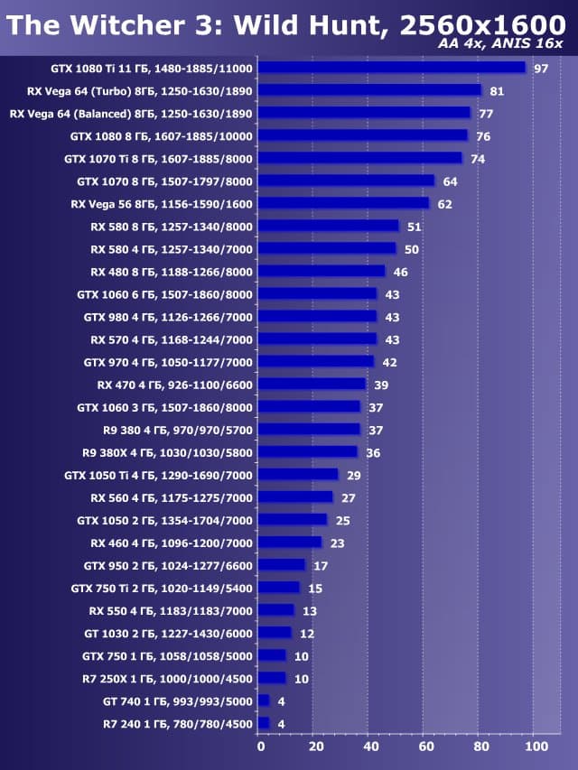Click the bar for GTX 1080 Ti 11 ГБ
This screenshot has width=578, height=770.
[392, 68]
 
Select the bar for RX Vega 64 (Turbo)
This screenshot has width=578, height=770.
[370, 90]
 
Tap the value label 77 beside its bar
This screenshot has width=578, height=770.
[486, 114]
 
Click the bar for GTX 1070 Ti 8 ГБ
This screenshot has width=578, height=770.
[360, 159]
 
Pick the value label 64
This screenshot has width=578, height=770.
[450, 181]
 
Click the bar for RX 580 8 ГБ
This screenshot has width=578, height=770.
[329, 227]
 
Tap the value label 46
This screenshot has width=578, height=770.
[400, 272]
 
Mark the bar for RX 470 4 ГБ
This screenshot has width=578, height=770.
[312, 385]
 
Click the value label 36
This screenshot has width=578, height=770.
[373, 452]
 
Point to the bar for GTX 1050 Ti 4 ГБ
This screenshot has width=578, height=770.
[299, 475]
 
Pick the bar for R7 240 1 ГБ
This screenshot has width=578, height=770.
[265, 723]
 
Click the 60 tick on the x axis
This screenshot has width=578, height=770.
[425, 747]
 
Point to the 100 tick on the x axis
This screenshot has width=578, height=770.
[536, 747]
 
